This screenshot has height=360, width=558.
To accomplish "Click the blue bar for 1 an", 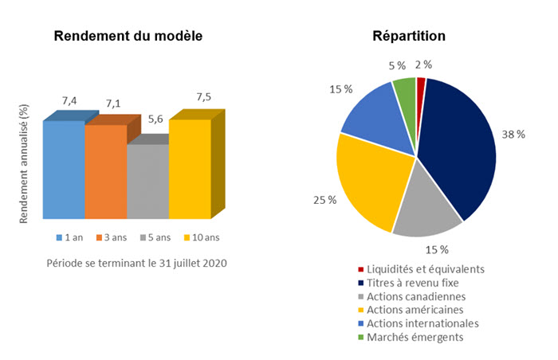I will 64,169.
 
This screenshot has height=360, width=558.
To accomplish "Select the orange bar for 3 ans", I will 105,171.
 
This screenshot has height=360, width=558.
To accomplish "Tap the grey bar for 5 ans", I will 147,181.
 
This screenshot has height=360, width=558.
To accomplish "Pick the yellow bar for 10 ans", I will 190,168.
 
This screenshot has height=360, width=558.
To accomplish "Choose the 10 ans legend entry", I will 201,237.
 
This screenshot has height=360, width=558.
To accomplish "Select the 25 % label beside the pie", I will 324,199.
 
